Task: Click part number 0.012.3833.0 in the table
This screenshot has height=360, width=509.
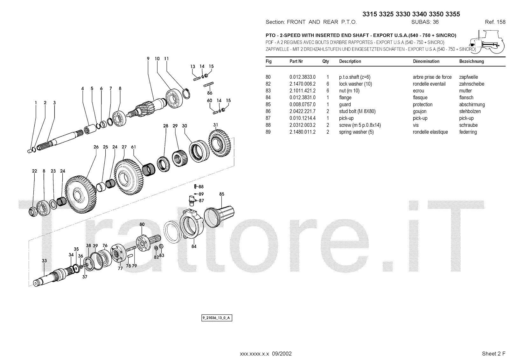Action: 303,77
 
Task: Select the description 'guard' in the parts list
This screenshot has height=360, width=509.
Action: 345,105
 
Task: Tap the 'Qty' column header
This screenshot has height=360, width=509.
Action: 326,61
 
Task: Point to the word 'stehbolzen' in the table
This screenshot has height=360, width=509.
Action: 470,111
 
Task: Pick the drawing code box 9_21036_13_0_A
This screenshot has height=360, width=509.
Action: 217,318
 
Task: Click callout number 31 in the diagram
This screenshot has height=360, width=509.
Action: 216,125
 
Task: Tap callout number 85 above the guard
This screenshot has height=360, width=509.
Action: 222,194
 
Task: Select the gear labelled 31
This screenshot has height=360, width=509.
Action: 220,143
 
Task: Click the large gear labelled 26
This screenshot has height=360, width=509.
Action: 81,194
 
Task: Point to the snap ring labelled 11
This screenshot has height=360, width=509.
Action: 186,94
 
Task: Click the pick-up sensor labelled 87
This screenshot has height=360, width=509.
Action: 192,201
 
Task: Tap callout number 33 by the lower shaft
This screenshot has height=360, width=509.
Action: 44,261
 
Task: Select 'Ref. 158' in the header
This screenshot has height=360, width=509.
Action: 495,22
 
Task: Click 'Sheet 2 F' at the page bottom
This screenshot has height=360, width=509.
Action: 493,354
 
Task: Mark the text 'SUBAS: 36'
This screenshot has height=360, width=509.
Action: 425,22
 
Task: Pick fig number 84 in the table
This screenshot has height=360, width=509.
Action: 268,98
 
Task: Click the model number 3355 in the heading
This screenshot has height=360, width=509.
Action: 453,14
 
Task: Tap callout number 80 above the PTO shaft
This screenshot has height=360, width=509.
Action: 142,224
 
